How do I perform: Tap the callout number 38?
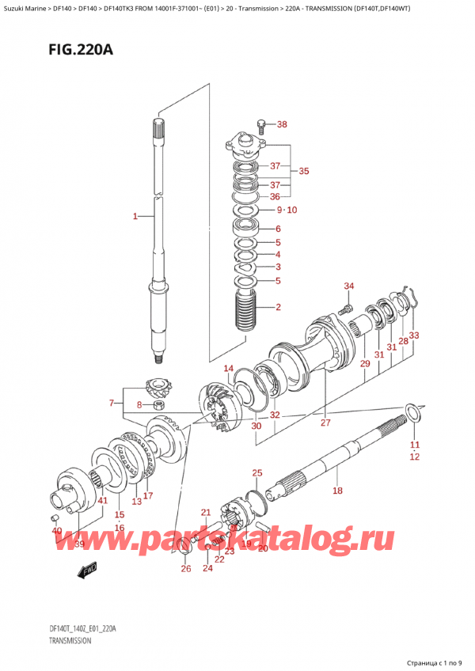point(283,124)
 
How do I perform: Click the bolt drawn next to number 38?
point(262,124)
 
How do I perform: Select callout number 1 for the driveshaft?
point(135,215)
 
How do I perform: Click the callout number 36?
point(275,197)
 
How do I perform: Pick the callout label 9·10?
point(286,210)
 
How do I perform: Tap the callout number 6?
point(278,229)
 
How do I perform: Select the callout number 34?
point(349,286)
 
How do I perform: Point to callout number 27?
point(325,423)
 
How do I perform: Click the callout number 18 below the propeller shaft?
point(336,491)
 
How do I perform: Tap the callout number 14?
point(228,368)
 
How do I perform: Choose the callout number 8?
point(139,406)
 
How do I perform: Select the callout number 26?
point(185,568)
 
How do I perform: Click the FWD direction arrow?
point(85,570)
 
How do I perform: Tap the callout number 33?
point(414,335)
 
